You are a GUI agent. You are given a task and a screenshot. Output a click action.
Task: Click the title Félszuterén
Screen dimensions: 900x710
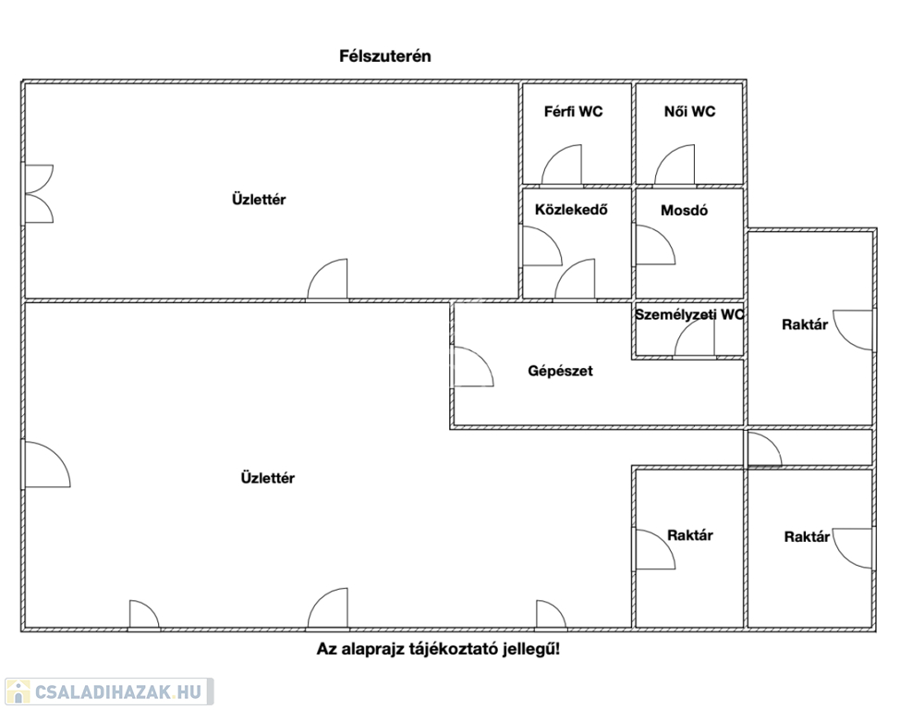385,56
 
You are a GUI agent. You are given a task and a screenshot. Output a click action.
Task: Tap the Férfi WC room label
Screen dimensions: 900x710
574,112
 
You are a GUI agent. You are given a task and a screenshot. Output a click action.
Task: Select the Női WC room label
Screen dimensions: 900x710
690,112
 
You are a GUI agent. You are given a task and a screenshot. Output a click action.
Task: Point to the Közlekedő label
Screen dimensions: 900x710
571,210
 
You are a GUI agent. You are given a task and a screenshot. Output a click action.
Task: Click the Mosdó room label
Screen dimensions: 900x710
684,210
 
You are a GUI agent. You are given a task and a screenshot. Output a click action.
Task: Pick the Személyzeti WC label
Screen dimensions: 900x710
689,314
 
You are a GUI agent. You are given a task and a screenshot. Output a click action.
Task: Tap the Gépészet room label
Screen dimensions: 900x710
560,371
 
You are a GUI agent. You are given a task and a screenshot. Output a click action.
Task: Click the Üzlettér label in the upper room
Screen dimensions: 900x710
259,200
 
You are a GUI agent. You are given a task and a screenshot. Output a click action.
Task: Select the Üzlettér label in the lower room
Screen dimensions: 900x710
267,478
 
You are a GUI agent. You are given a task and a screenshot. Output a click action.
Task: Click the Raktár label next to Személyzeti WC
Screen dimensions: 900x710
805,324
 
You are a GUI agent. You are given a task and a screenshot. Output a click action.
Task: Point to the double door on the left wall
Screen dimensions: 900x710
39,194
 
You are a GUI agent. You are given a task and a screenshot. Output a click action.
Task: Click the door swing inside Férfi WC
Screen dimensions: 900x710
562,165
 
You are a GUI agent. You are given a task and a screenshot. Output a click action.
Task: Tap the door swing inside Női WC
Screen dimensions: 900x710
675,165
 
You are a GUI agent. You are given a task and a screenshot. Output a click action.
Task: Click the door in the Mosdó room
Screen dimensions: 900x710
655,245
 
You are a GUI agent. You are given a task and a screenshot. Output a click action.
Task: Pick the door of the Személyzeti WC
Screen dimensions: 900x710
695,336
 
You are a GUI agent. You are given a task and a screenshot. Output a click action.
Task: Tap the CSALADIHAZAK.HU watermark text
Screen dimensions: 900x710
118,692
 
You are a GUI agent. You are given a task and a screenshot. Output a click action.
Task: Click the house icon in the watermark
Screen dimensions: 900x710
18,692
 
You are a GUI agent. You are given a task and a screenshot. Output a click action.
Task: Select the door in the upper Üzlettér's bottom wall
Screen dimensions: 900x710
327,279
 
